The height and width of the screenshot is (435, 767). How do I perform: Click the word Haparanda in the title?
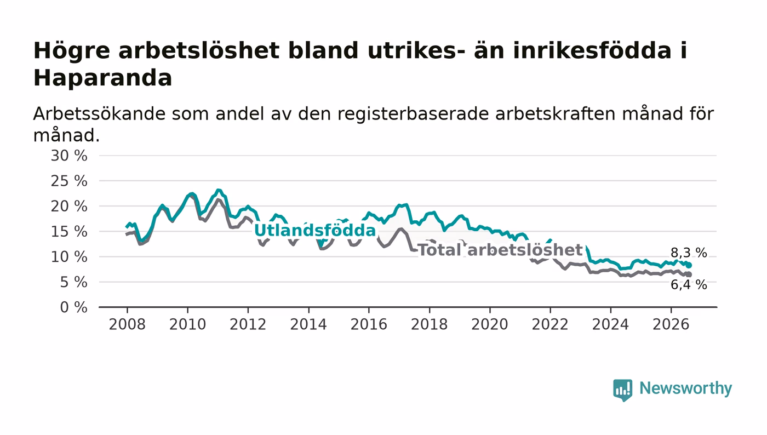(102, 78)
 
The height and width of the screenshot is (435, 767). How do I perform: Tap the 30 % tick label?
(69, 156)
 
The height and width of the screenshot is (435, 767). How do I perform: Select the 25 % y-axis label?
(69, 181)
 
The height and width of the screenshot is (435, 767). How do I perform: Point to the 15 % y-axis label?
(69, 232)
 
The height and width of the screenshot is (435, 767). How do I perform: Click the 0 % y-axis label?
(73, 307)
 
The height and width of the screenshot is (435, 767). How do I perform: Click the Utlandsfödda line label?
(315, 231)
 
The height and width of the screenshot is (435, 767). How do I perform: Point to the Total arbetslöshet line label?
(500, 250)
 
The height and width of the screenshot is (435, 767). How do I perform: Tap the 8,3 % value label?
(689, 253)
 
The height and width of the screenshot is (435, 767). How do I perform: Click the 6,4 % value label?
(689, 285)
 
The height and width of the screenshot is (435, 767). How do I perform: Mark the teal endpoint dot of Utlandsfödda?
(689, 266)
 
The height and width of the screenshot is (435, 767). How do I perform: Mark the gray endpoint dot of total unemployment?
(689, 274)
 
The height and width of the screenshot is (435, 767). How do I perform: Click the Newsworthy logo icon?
(623, 390)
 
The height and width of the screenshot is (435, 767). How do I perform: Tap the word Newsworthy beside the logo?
(686, 388)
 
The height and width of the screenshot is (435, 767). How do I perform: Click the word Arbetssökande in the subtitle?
(99, 114)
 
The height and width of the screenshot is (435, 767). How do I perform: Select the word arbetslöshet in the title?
(199, 51)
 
